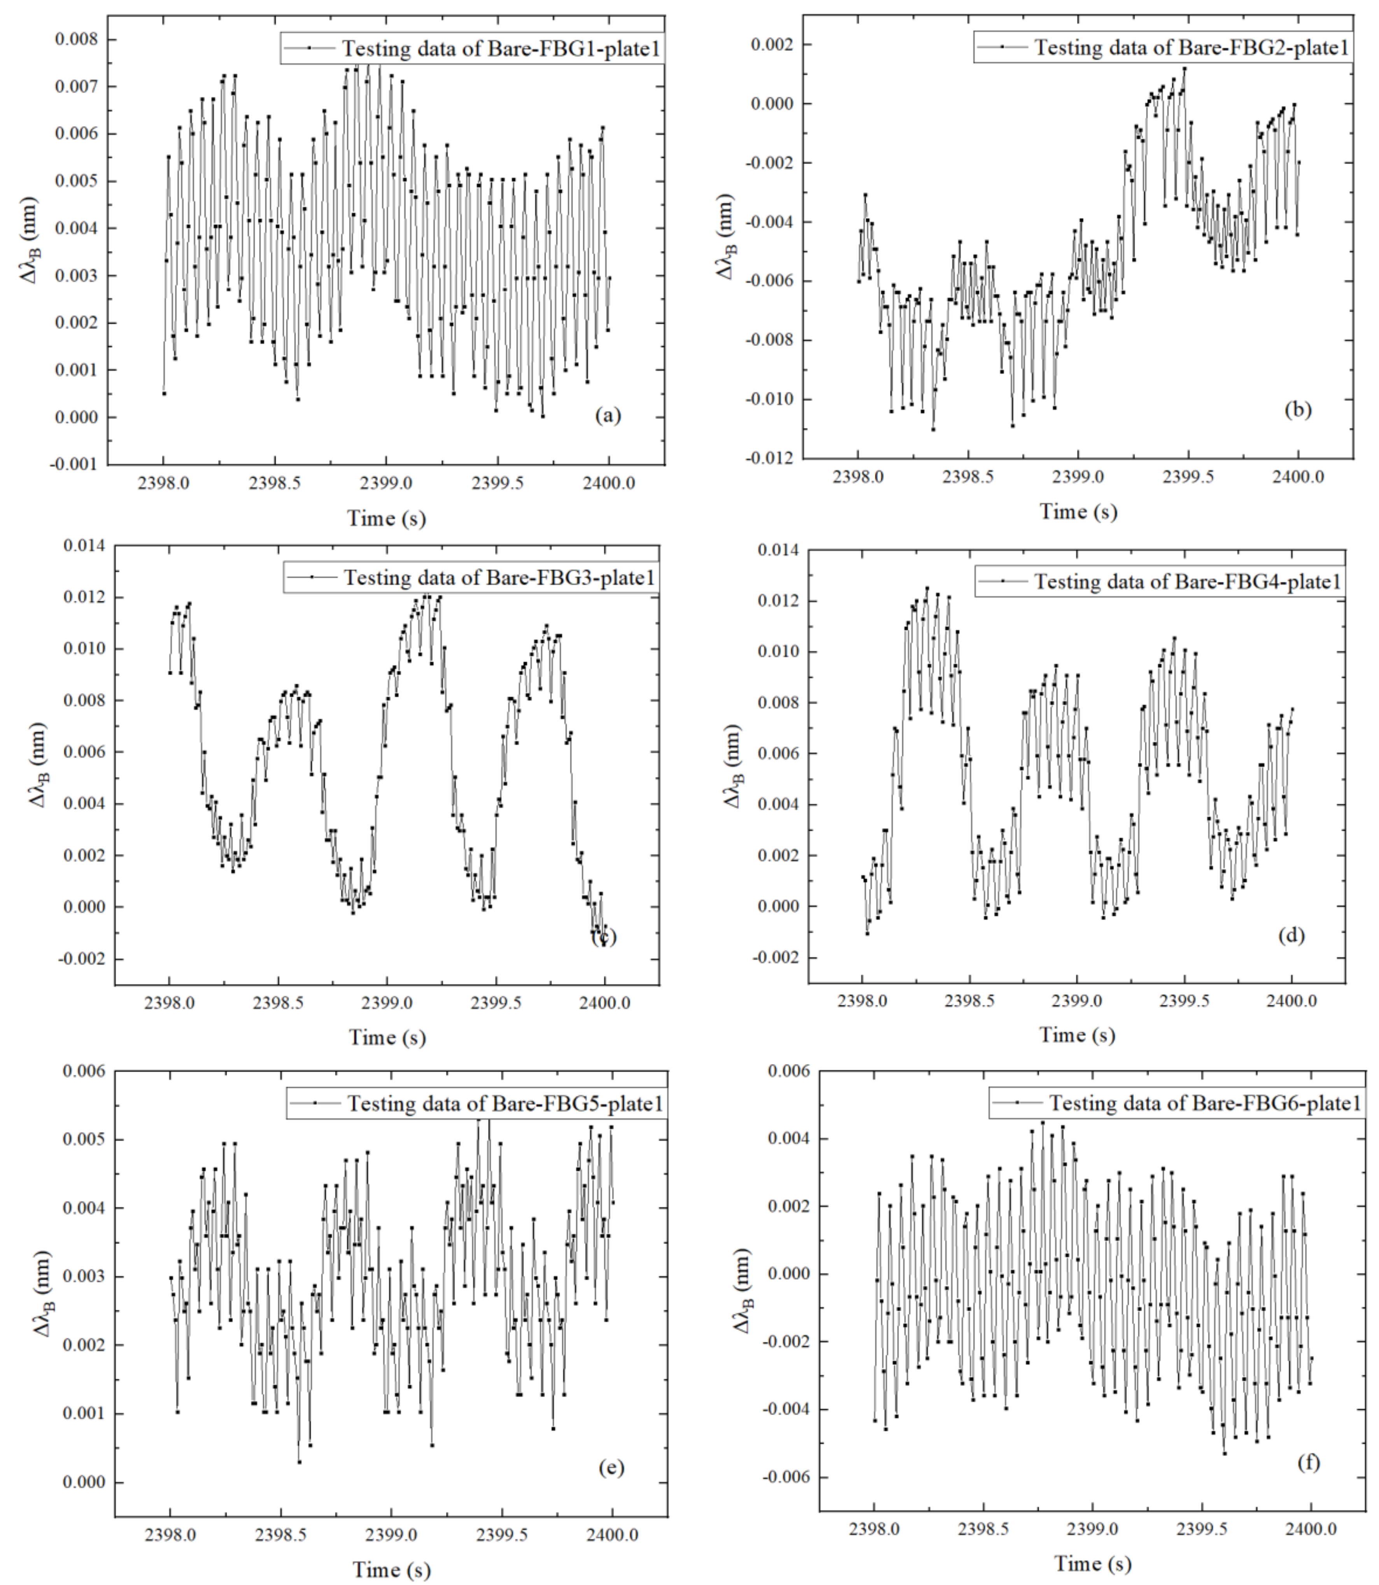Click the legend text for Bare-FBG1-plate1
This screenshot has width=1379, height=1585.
500,49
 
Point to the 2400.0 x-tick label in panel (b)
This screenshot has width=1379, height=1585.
1297,477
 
